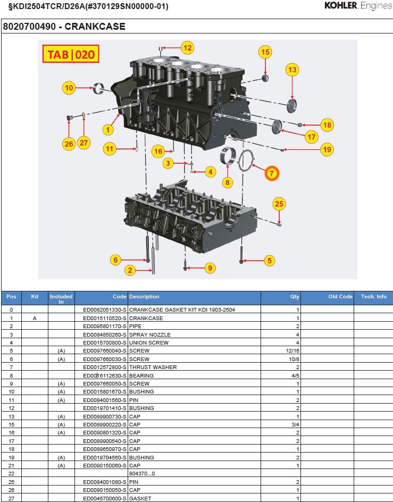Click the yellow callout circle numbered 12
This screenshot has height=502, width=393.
pyautogui.click(x=187, y=47)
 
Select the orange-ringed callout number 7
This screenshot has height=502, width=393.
pyautogui.click(x=271, y=173)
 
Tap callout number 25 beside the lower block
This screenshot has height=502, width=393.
pyautogui.click(x=280, y=203)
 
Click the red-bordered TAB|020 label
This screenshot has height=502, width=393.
pyautogui.click(x=71, y=54)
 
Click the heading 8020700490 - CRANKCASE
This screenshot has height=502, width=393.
pyautogui.click(x=64, y=26)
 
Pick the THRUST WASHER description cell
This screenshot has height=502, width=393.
pyautogui.click(x=153, y=367)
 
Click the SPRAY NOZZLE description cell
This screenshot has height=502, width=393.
pyautogui.click(x=149, y=334)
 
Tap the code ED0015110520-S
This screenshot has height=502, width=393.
pyautogui.click(x=105, y=318)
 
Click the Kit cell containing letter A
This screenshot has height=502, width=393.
pyautogui.click(x=35, y=318)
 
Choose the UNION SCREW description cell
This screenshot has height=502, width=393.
pyautogui.click(x=149, y=342)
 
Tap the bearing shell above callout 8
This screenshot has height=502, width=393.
pyautogui.click(x=228, y=156)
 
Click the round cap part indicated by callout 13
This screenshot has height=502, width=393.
pyautogui.click(x=292, y=105)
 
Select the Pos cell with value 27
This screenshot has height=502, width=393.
pyautogui.click(x=11, y=498)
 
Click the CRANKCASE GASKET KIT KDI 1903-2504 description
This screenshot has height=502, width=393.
pyautogui.click(x=182, y=309)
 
